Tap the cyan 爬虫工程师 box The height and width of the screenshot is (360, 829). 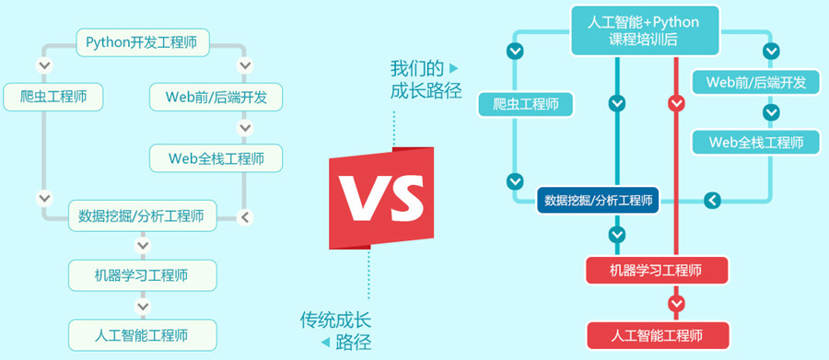(526, 104)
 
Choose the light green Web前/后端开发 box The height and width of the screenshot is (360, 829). (216, 97)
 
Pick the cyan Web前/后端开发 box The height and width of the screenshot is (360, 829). (755, 82)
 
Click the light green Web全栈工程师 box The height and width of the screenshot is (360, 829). (216, 157)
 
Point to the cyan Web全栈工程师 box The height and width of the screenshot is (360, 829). (755, 143)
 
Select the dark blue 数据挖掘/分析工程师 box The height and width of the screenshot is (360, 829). (598, 200)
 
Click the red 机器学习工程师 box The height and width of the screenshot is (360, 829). (657, 270)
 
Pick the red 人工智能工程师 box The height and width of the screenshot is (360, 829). (657, 334)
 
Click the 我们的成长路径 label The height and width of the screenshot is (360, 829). (425, 79)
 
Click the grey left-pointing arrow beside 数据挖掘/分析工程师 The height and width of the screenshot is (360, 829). (244, 217)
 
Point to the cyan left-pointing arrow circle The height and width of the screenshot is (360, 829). (711, 200)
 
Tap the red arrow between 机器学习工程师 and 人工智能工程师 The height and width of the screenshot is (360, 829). (677, 302)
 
